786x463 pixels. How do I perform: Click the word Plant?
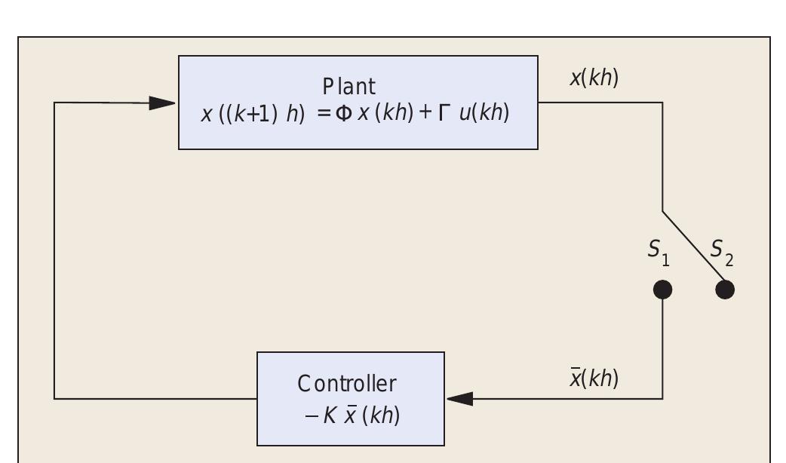pyautogui.click(x=348, y=87)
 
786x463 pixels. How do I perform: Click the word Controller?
pyautogui.click(x=348, y=384)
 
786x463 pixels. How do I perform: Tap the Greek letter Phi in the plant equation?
pyautogui.click(x=343, y=115)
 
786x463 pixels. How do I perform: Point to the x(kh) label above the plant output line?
pyautogui.click(x=594, y=78)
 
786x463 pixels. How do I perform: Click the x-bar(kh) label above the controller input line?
pyautogui.click(x=594, y=379)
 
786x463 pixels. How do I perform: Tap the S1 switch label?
pyautogui.click(x=659, y=251)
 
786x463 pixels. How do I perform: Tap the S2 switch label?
pyautogui.click(x=721, y=252)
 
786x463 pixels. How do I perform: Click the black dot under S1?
pyautogui.click(x=662, y=290)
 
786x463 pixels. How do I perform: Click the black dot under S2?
pyautogui.click(x=725, y=290)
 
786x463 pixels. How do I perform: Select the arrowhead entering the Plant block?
pyautogui.click(x=161, y=103)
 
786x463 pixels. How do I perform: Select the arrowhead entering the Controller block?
pyautogui.click(x=460, y=398)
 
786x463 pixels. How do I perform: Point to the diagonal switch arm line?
pyautogui.click(x=692, y=249)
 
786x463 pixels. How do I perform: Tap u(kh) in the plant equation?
pyautogui.click(x=484, y=115)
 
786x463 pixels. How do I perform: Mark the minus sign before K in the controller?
pyautogui.click(x=312, y=415)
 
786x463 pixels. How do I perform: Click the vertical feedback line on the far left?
pyautogui.click(x=54, y=249)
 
